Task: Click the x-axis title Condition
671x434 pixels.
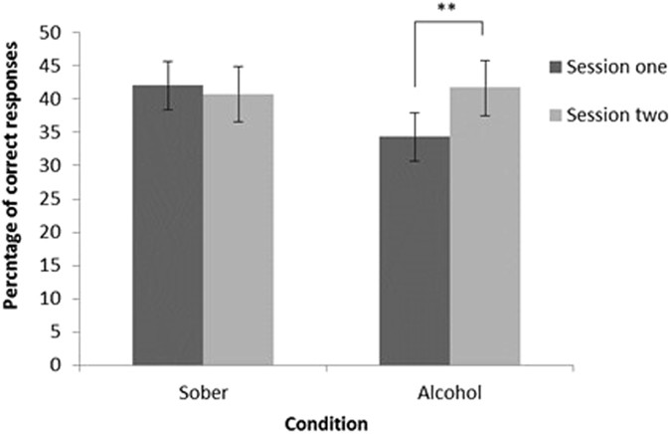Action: click(326, 422)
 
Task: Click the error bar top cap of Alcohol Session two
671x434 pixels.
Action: click(484, 61)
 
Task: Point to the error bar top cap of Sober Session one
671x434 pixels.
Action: click(168, 61)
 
